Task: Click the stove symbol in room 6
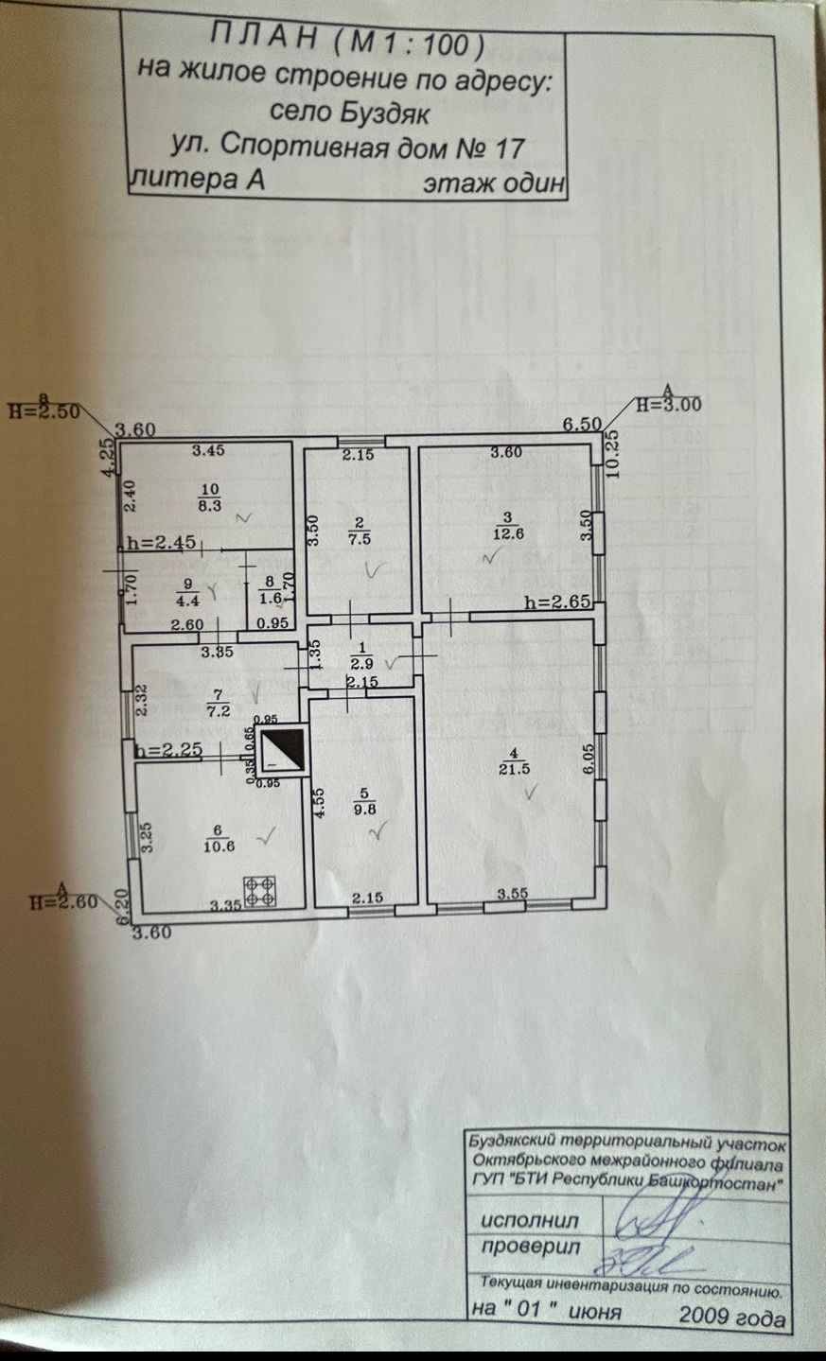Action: click(260, 890)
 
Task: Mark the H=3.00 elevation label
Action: click(668, 404)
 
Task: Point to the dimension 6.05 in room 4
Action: click(588, 759)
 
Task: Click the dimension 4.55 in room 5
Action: click(319, 802)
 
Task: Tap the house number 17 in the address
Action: click(507, 148)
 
